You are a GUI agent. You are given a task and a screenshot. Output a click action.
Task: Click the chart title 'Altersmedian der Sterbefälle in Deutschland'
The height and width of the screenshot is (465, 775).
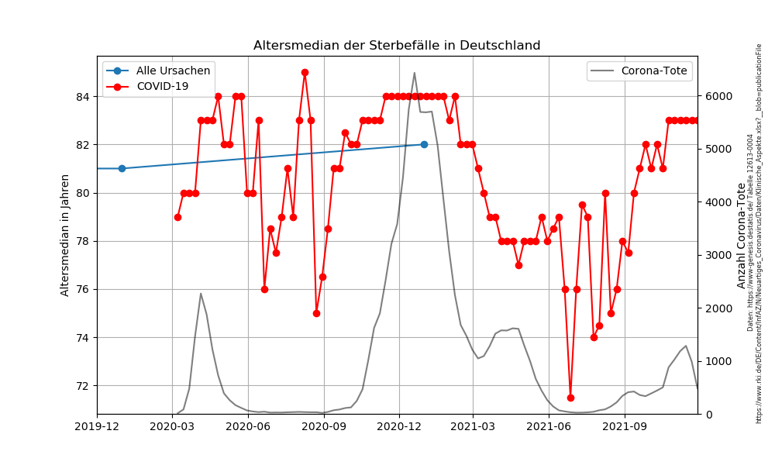click(x=397, y=46)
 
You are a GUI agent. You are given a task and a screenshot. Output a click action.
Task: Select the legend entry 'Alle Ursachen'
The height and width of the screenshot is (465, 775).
click(x=173, y=71)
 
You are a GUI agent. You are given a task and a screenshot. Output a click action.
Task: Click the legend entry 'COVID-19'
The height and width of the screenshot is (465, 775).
click(x=162, y=86)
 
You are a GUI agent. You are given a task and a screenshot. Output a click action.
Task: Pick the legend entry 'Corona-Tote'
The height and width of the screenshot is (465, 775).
click(x=654, y=71)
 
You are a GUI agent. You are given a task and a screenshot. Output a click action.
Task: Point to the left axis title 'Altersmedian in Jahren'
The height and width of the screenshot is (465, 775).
click(x=65, y=235)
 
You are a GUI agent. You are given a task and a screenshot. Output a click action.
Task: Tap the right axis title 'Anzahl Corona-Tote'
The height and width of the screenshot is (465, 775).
click(x=742, y=235)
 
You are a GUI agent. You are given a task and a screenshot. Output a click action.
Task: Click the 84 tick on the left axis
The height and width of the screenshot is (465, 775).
click(x=82, y=97)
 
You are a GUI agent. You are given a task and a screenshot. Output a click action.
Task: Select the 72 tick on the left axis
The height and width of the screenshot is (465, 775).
click(x=82, y=386)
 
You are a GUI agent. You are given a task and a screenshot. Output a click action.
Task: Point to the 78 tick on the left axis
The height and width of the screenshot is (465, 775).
click(x=82, y=241)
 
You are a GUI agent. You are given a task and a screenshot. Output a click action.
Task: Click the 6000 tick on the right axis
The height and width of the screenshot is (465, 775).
click(x=717, y=96)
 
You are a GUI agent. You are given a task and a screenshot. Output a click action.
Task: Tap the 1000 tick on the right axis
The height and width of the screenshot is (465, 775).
click(x=717, y=361)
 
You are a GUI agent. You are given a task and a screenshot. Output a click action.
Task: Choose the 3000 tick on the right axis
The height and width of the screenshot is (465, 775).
click(x=717, y=255)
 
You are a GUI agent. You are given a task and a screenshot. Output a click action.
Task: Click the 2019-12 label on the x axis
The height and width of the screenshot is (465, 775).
click(x=97, y=425)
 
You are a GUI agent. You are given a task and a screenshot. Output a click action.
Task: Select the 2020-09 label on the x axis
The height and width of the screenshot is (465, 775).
click(x=323, y=425)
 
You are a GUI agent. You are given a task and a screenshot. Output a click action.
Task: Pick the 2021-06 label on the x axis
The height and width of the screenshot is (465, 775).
click(x=549, y=425)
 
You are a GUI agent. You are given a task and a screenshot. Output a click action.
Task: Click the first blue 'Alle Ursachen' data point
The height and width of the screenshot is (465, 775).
click(x=122, y=168)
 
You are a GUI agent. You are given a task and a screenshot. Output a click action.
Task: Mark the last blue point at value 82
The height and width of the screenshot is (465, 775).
click(x=424, y=144)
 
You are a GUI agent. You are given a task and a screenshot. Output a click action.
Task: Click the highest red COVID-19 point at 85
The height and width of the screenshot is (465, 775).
click(x=305, y=72)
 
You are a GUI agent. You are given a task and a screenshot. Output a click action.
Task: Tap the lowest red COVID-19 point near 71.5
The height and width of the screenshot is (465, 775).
click(x=570, y=398)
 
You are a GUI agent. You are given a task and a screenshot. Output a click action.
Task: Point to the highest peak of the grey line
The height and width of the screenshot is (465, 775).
click(x=415, y=73)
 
